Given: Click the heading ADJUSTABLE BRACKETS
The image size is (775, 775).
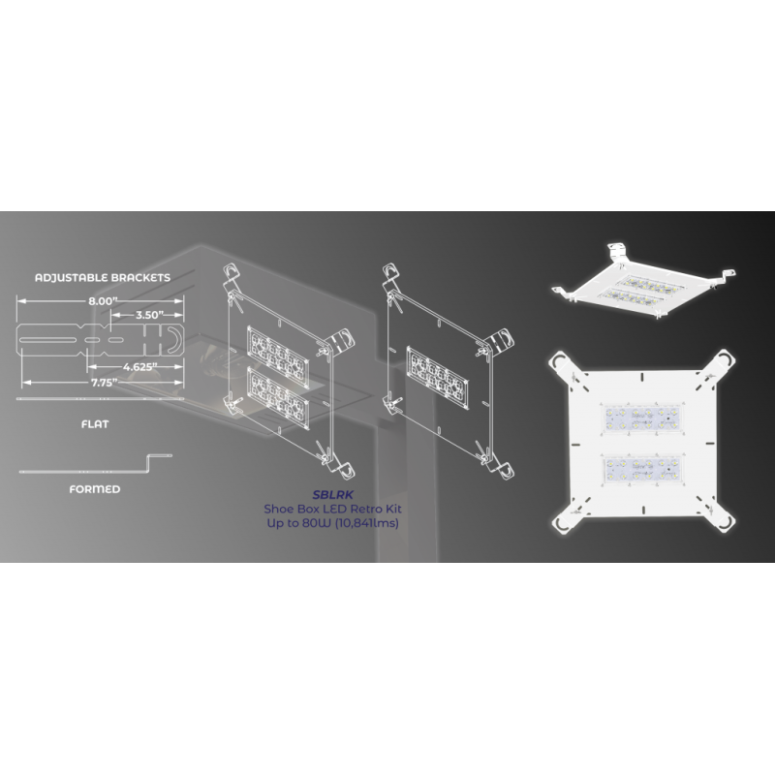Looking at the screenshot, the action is [103, 277].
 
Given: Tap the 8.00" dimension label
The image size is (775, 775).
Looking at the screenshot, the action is [103, 301].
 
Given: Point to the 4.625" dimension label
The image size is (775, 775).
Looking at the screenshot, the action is [139, 367].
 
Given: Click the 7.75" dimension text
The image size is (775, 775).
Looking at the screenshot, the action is [104, 383].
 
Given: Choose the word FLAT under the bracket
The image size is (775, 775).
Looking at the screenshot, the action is [95, 424].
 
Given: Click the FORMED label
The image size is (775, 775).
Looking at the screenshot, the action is [95, 489].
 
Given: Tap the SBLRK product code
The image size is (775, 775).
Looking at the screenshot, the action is [332, 495].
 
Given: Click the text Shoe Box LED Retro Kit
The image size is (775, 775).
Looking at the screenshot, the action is [332, 509].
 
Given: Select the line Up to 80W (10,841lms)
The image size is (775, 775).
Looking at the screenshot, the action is [332, 523].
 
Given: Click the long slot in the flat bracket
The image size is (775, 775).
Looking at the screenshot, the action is [47, 340].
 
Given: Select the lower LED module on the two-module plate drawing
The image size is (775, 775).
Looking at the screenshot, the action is [278, 398].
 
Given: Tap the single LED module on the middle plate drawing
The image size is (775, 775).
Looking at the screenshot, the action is [438, 377].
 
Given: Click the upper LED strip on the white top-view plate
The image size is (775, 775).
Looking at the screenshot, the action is [643, 418].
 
